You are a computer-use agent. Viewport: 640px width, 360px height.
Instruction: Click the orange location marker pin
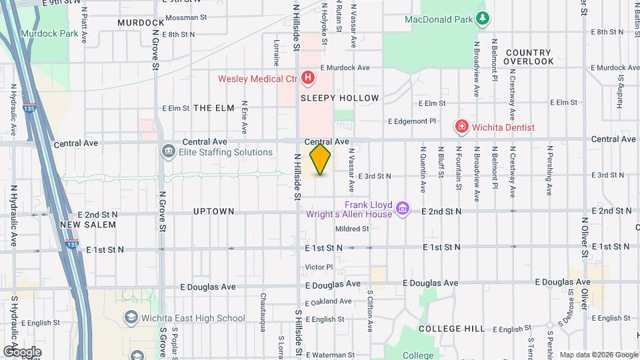click(320, 159)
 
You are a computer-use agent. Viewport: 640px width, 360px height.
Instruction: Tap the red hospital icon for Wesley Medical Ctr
click(308, 79)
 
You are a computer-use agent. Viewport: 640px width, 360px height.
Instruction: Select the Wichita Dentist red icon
click(461, 126)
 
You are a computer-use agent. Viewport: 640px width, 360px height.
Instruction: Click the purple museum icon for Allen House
click(402, 209)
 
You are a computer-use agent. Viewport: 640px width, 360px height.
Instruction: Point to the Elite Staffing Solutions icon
click(168, 152)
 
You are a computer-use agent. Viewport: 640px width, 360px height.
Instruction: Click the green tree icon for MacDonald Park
click(482, 19)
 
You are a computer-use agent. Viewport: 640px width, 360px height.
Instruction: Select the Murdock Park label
click(44, 33)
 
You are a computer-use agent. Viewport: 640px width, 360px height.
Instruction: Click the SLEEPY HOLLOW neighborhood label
click(339, 98)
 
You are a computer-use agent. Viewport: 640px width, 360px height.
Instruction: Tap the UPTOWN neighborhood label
click(213, 211)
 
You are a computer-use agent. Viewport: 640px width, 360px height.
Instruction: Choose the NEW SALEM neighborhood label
click(88, 225)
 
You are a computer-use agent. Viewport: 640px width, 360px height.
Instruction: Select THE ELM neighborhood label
click(214, 108)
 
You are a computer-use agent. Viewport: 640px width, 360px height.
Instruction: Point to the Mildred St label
click(352, 229)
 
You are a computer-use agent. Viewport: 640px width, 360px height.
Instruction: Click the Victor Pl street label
click(319, 267)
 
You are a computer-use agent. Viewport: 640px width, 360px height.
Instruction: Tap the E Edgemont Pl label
click(412, 121)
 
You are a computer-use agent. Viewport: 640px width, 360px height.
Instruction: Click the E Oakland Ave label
click(327, 301)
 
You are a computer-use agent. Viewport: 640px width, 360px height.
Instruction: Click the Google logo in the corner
click(22, 351)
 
